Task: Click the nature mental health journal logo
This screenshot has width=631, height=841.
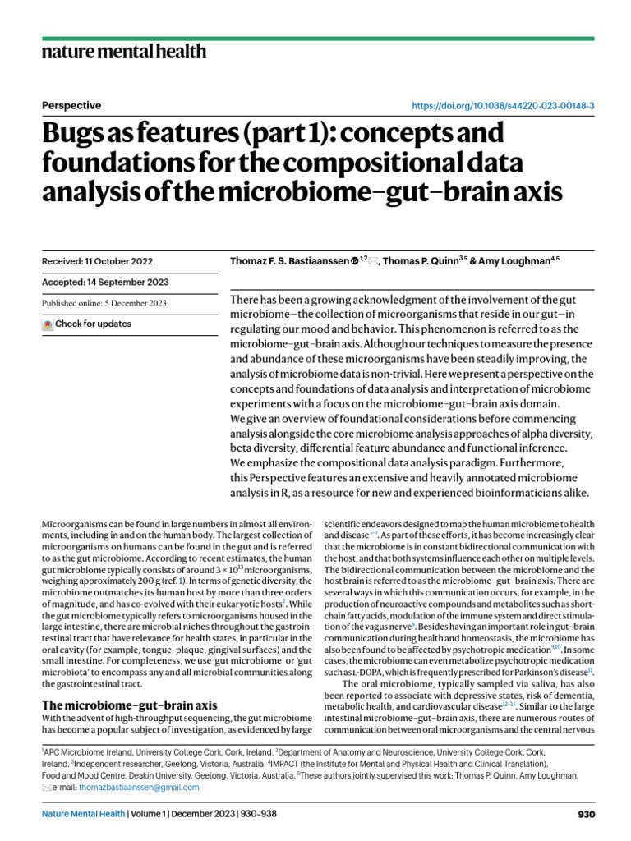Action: click(x=123, y=53)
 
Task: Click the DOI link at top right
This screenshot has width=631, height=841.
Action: click(x=504, y=106)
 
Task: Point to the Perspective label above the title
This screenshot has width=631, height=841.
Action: click(x=71, y=105)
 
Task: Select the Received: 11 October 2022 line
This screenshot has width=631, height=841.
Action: click(x=97, y=261)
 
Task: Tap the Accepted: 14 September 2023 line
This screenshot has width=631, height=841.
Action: click(x=105, y=282)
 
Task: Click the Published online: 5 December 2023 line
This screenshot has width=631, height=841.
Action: click(x=104, y=303)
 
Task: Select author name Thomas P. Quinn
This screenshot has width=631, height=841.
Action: click(x=425, y=261)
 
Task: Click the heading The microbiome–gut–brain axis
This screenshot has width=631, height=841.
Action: click(x=129, y=705)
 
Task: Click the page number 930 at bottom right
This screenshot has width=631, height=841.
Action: click(x=585, y=815)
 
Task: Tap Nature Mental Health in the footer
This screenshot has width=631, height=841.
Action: click(x=83, y=815)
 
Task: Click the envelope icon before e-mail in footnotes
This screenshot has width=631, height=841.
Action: click(x=46, y=787)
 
